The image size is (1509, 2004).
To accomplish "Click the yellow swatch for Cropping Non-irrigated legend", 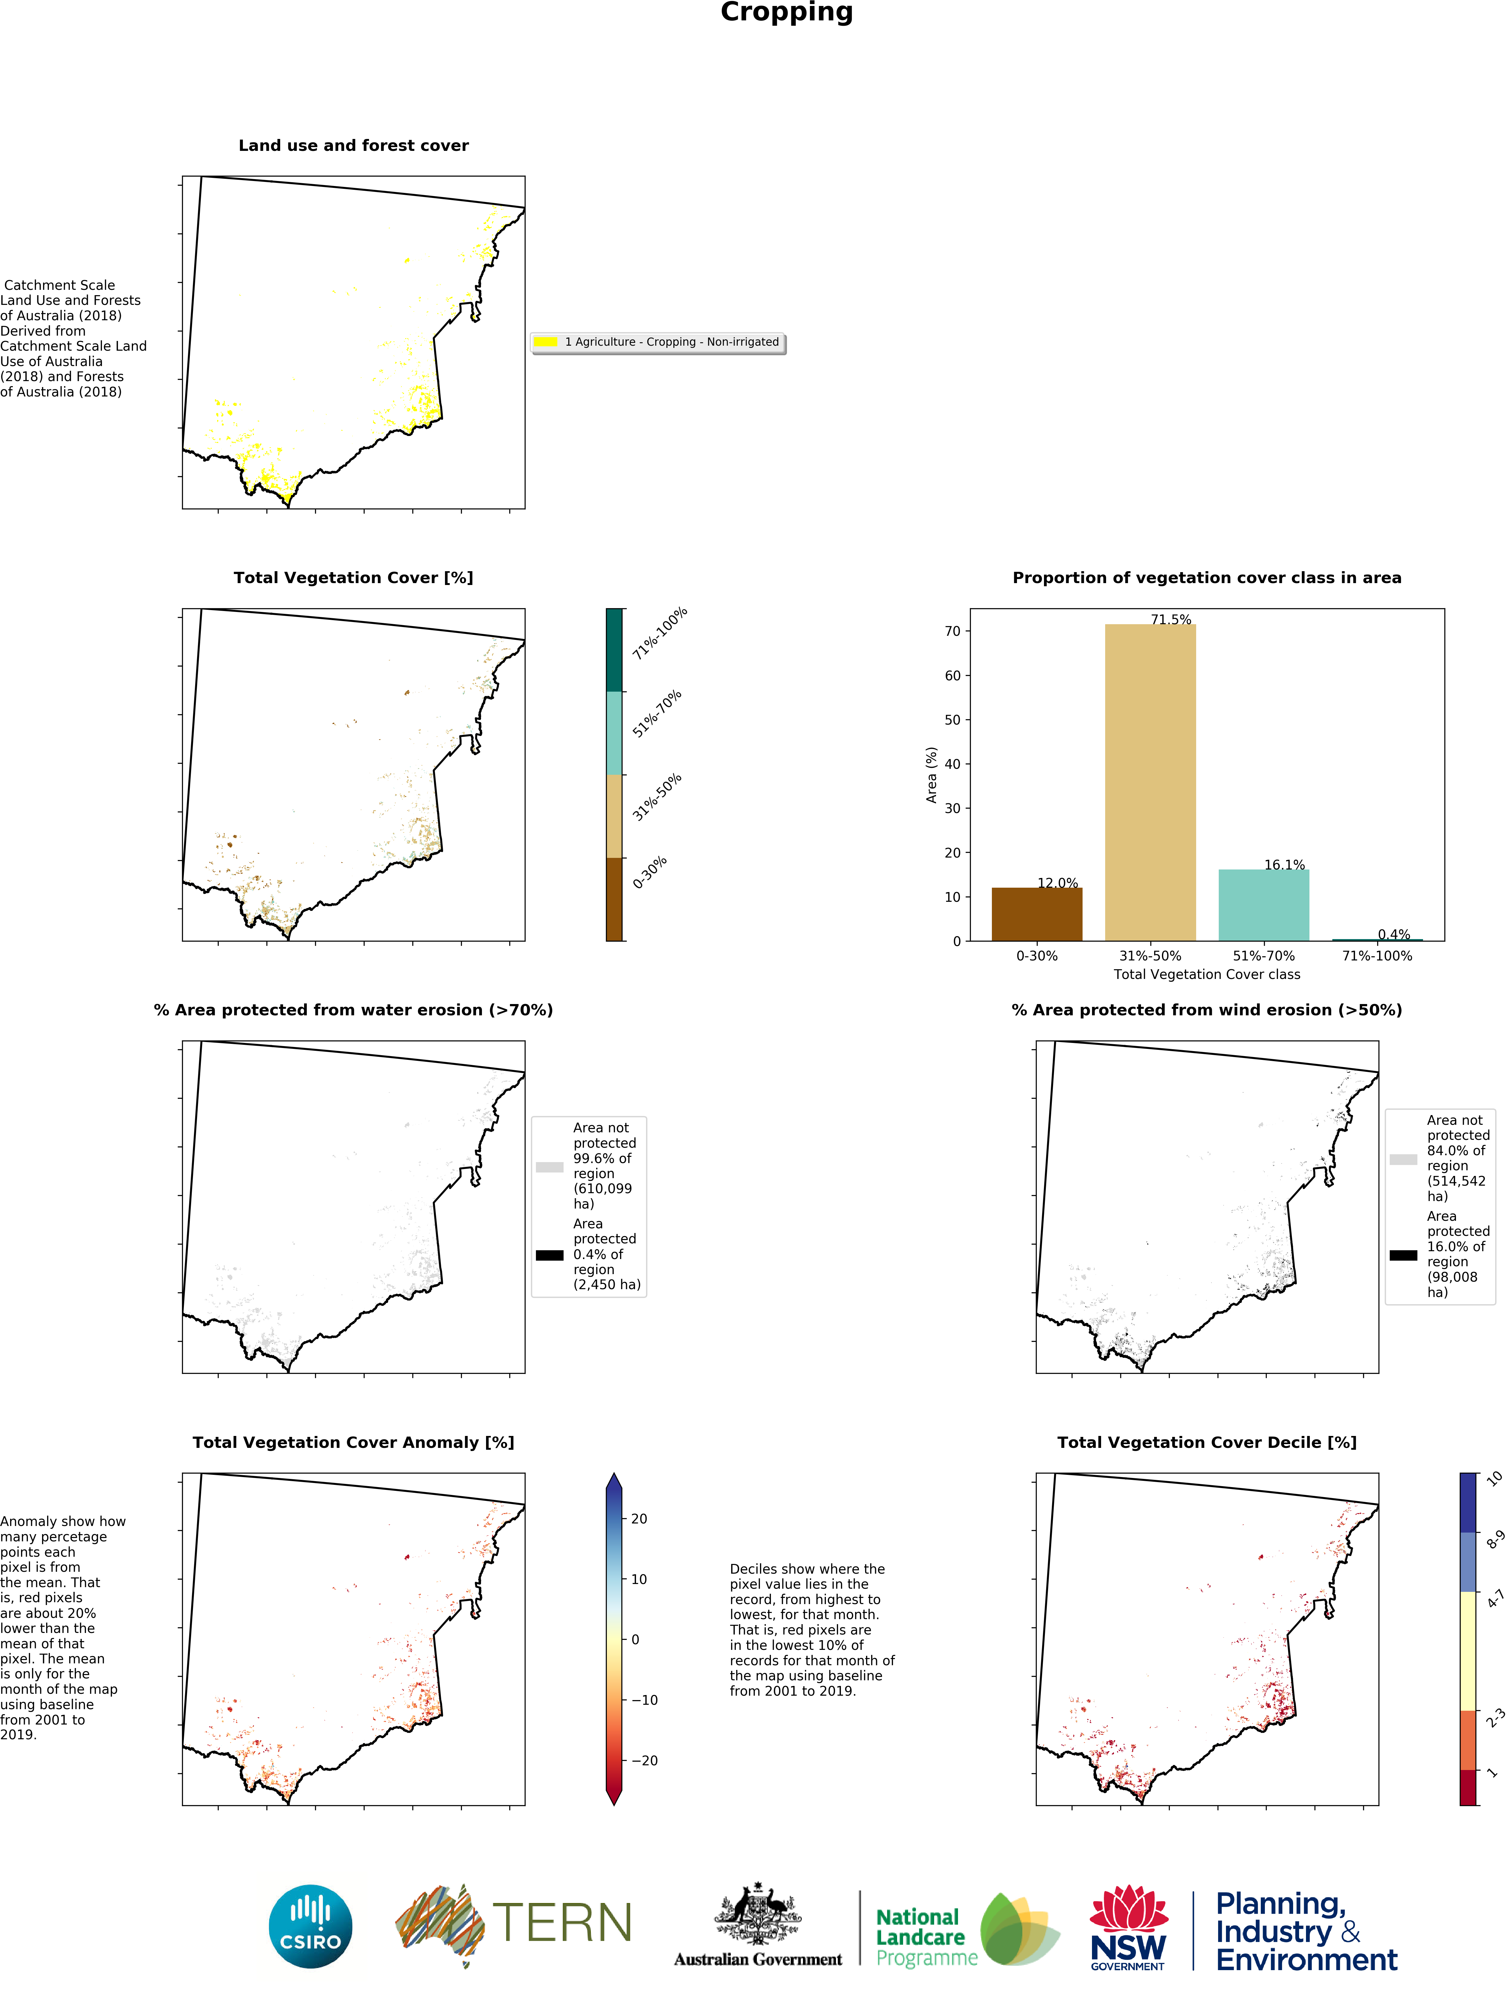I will [x=546, y=342].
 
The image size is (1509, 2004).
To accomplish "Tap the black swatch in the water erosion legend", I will [x=549, y=1255].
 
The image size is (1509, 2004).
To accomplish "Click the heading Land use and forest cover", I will [x=353, y=146].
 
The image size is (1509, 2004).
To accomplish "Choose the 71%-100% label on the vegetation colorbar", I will [x=660, y=632].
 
